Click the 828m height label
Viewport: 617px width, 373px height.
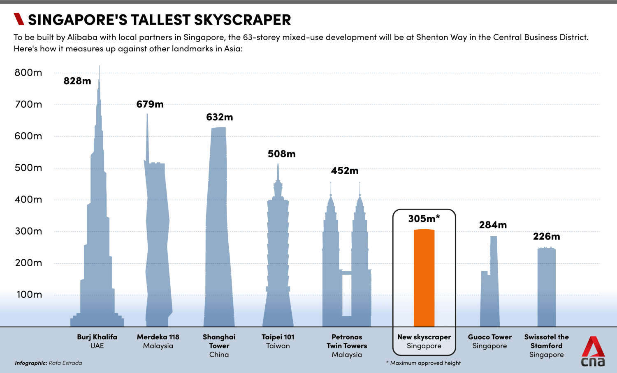[77, 81]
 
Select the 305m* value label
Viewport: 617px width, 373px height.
[424, 219]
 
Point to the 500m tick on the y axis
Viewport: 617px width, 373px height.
[28, 168]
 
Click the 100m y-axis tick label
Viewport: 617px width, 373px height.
[29, 295]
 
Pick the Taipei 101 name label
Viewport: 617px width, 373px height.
[278, 337]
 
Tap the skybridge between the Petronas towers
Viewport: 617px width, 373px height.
[347, 273]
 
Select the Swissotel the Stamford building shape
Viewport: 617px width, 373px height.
[546, 288]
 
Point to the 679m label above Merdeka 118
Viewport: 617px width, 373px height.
[150, 104]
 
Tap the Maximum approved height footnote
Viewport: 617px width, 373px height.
[423, 363]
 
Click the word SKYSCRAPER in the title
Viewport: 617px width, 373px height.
[242, 20]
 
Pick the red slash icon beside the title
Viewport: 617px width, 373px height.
[19, 19]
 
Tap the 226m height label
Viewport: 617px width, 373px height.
[546, 237]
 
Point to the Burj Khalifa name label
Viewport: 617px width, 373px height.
[97, 337]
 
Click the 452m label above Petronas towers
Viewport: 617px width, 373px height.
[345, 170]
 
